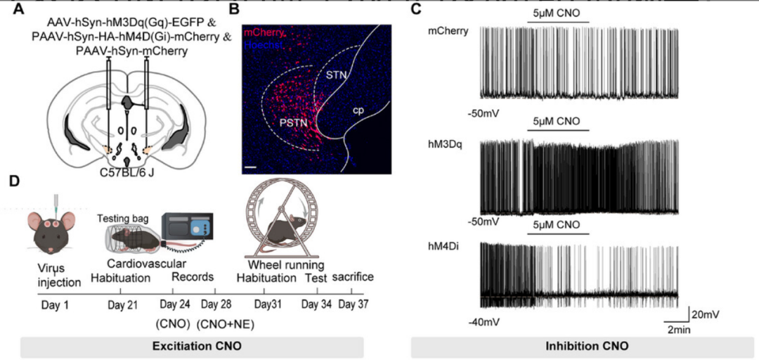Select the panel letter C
point(416,9)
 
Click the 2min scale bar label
point(679,329)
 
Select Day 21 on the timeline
point(122,305)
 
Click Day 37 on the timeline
point(353,305)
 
